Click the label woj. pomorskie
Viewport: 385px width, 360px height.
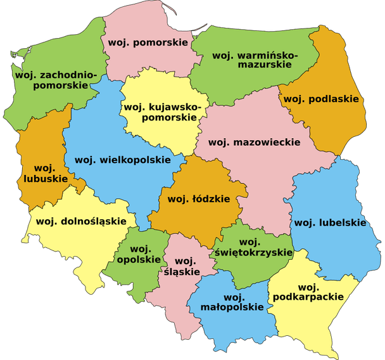coord(148,42)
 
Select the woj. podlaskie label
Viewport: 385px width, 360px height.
coord(321,99)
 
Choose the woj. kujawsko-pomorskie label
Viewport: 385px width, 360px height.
coord(163,113)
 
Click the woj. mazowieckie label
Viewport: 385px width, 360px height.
coord(254,142)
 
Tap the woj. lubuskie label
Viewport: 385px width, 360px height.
coord(43,173)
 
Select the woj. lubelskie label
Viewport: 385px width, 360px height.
coord(330,222)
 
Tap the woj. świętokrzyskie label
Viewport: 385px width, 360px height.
coord(253,247)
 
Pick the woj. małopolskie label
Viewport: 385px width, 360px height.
coord(234,302)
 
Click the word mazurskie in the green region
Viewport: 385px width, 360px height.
coord(261,64)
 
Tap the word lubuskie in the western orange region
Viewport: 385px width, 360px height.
coord(43,179)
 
